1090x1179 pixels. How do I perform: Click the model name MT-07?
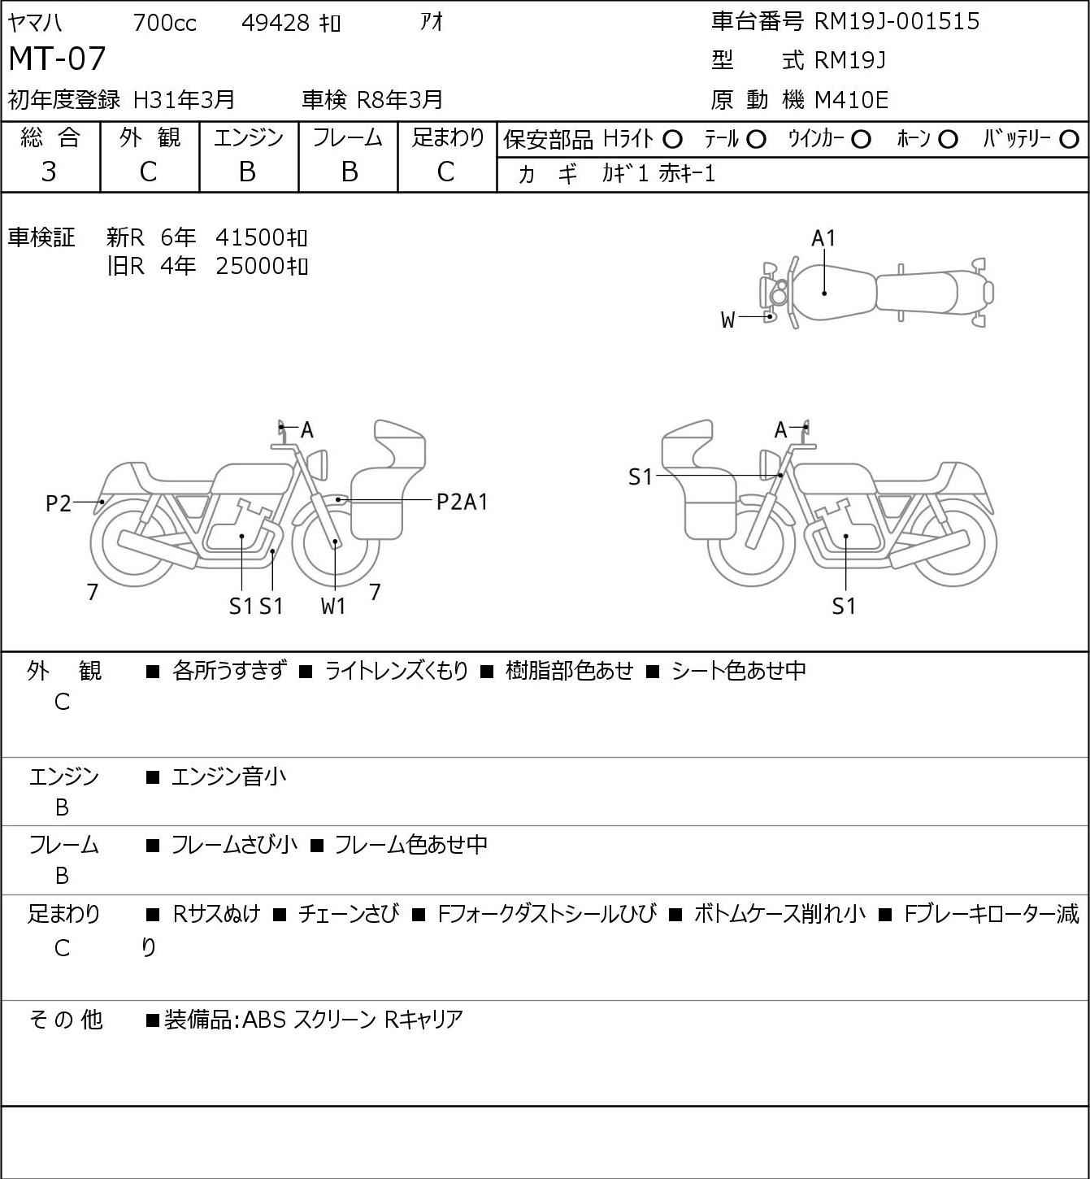[57, 59]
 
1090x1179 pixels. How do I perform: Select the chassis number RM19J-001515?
[897, 21]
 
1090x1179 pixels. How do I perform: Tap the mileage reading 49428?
[276, 23]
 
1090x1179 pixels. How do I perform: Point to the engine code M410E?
[851, 100]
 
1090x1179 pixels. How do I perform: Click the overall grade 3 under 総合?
[50, 172]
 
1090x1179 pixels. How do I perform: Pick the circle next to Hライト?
[673, 140]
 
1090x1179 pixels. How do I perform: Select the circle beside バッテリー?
[1069, 140]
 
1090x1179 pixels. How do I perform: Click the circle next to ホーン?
[948, 140]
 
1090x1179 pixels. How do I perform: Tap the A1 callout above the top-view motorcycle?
[824, 238]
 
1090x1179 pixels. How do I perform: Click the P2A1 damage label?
[462, 502]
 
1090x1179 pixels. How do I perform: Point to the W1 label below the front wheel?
[333, 606]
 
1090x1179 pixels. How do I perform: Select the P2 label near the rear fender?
[59, 503]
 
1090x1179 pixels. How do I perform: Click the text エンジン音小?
[228, 777]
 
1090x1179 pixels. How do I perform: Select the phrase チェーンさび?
[349, 913]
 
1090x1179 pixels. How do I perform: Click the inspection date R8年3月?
[399, 100]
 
